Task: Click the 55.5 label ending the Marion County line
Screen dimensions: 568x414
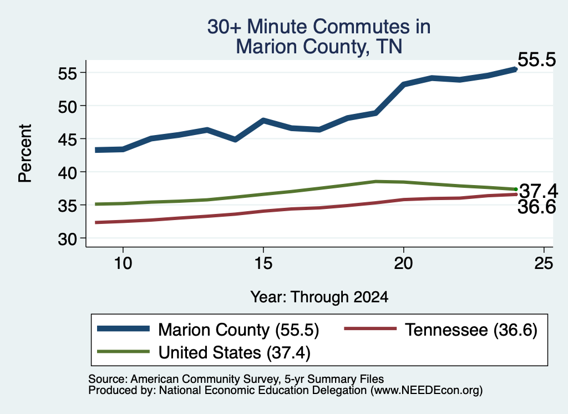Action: (x=536, y=59)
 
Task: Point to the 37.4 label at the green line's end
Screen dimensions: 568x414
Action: (x=539, y=191)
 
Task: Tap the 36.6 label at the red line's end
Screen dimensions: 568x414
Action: (x=536, y=207)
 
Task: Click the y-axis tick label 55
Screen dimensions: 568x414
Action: (x=68, y=74)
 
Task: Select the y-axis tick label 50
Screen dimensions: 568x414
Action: (x=68, y=107)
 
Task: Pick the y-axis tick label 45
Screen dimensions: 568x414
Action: (x=68, y=139)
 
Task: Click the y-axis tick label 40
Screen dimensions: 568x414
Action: (x=68, y=173)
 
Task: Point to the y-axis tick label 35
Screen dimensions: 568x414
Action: (x=68, y=206)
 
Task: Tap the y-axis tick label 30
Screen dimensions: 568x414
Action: (x=68, y=239)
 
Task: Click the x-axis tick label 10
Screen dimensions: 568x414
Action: (x=123, y=263)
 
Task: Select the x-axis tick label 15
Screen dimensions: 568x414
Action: (x=263, y=263)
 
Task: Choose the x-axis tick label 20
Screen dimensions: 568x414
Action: (x=403, y=263)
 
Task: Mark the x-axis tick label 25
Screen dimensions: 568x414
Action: (x=544, y=263)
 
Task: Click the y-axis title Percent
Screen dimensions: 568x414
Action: (x=26, y=153)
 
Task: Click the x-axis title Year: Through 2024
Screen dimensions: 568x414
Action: (x=319, y=297)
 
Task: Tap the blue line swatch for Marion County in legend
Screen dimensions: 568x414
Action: (x=124, y=329)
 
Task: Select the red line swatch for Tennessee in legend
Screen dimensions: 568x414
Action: (x=370, y=329)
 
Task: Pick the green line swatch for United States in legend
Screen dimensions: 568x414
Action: (x=124, y=351)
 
